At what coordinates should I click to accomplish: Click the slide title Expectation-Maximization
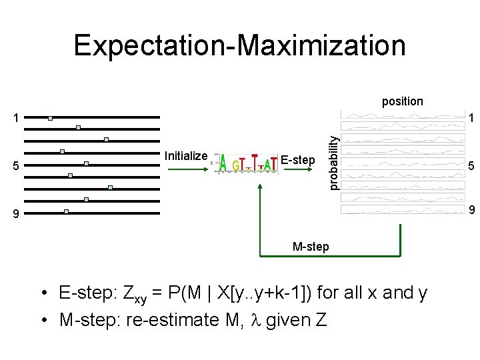tap(239, 45)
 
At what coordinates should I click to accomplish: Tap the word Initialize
tap(185, 156)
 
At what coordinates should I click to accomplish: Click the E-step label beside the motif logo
tap(297, 160)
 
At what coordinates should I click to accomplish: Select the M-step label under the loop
tap(311, 247)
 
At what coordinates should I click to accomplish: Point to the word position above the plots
tap(402, 101)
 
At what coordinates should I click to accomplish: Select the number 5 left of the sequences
tap(17, 166)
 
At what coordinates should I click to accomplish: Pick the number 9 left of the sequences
tap(17, 214)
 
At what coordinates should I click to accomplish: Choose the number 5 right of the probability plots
tap(470, 166)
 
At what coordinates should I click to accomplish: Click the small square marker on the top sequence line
tap(50, 118)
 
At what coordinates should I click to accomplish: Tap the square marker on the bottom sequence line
tap(66, 211)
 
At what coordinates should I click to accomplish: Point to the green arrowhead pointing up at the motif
tap(259, 187)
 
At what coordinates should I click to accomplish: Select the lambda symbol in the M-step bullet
tap(255, 320)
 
